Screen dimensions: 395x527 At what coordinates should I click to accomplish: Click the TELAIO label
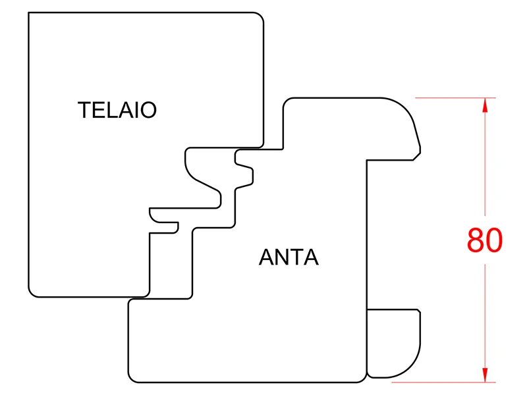pyautogui.click(x=117, y=110)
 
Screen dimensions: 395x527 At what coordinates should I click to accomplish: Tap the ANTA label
pyautogui.click(x=289, y=257)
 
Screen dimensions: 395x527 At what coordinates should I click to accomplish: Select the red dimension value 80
pyautogui.click(x=485, y=241)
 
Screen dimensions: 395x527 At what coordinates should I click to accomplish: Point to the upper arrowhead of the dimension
pyautogui.click(x=485, y=105)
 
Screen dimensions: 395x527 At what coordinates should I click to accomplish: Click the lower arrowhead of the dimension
pyautogui.click(x=485, y=375)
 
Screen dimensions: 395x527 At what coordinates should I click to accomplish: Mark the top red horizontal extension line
pyautogui.click(x=455, y=98)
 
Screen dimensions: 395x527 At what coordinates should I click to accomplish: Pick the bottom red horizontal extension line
pyautogui.click(x=455, y=382)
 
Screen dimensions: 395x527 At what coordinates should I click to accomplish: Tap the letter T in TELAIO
pyautogui.click(x=84, y=110)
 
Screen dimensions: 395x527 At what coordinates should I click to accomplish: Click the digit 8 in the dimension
pyautogui.click(x=476, y=241)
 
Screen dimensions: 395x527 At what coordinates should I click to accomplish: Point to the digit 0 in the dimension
pyautogui.click(x=494, y=241)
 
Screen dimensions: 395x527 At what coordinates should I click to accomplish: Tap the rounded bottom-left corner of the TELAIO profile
pyautogui.click(x=33, y=292)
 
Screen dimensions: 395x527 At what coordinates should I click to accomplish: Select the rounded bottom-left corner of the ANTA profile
pyautogui.click(x=132, y=377)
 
